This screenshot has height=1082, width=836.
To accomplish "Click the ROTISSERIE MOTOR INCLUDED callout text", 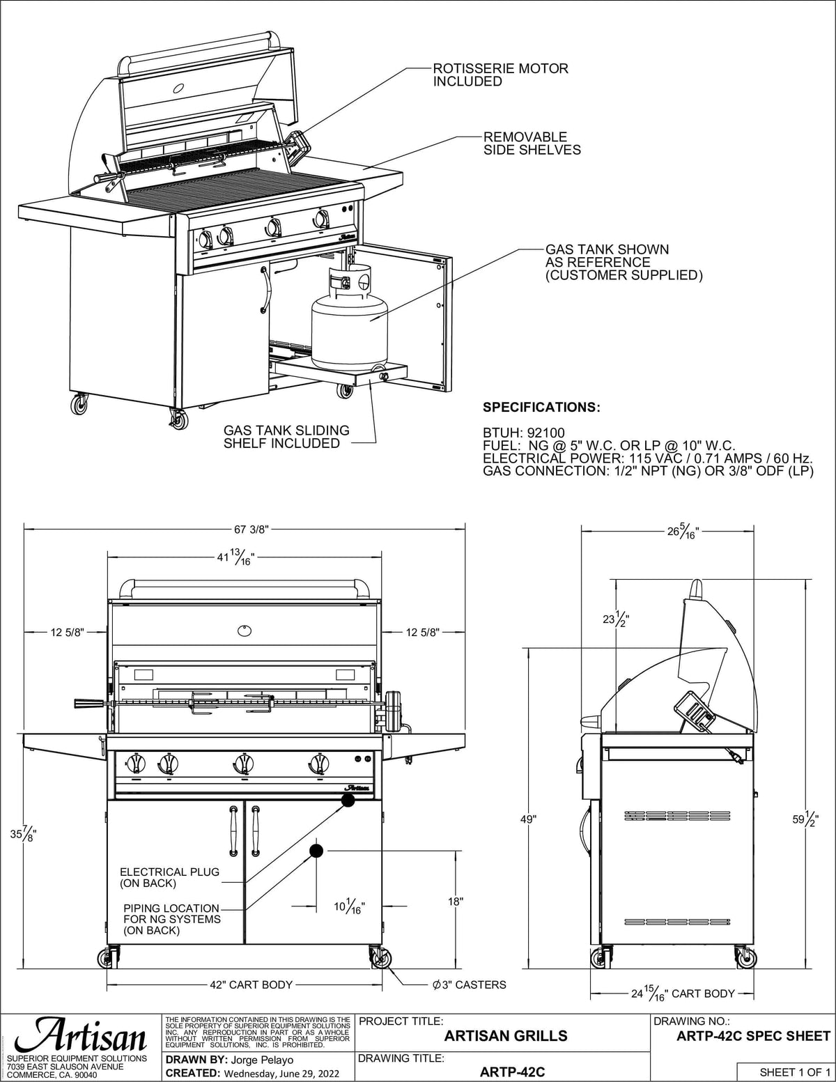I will pos(500,75).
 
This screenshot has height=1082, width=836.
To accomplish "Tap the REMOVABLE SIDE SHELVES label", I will pos(532,143).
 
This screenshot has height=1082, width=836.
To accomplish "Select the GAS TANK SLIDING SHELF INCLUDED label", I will pos(286,437).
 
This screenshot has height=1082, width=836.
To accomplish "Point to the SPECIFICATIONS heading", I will pos(541,407).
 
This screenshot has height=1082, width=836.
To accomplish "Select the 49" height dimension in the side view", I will pos(529,819).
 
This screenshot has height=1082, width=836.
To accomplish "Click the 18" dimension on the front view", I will pos(456,901).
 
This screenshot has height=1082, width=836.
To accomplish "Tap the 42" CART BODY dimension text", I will pos(251,984).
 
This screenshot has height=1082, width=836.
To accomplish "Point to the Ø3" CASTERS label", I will pos(469,984).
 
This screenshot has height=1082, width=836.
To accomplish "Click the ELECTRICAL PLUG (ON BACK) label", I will pos(169,877).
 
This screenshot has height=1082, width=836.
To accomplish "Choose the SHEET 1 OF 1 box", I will pos(785,1072).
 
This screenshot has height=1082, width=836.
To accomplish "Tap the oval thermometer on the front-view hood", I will pos(245,631).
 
